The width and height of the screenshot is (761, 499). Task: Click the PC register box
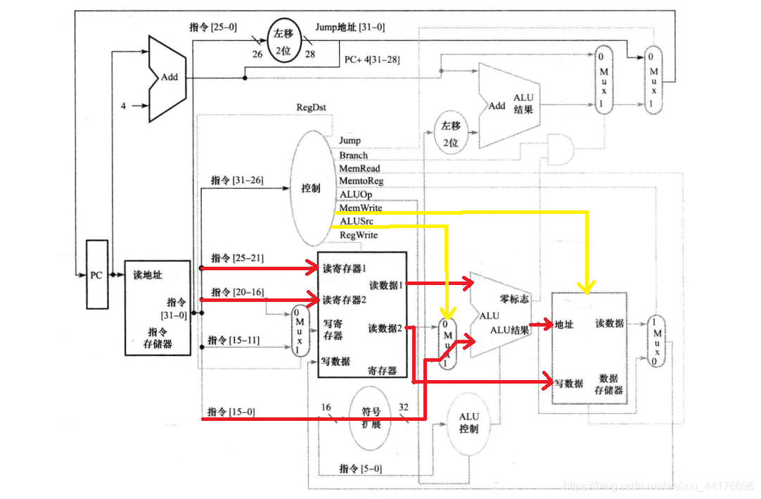[x=97, y=274]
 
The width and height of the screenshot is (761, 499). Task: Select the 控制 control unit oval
[x=311, y=189]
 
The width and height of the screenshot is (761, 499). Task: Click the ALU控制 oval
[x=468, y=423]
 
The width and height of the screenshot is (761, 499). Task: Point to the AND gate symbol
[x=559, y=149]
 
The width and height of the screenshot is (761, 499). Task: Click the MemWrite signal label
[x=360, y=208]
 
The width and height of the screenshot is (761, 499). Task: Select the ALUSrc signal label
[x=356, y=222]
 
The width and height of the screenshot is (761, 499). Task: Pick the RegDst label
[x=312, y=108]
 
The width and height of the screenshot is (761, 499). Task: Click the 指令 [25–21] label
[x=238, y=258]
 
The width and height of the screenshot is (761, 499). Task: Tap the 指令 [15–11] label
[x=234, y=341]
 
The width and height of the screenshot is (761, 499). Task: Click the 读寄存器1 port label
[x=345, y=268]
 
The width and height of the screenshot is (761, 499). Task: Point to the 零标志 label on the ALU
[x=514, y=299]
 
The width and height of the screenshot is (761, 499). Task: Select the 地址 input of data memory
[x=564, y=324]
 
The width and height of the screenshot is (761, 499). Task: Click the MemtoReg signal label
[x=361, y=182]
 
